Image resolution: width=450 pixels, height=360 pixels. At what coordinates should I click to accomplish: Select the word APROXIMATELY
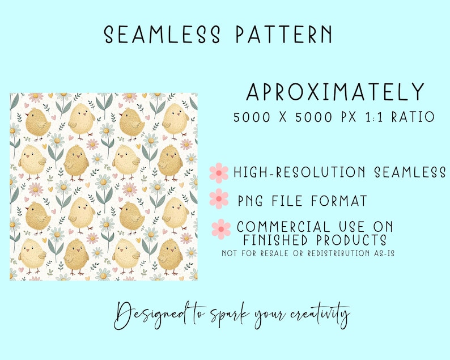336,92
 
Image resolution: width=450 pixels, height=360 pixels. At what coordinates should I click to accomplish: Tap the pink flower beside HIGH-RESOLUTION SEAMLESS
219,172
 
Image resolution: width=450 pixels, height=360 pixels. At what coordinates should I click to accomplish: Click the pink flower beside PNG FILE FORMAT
219,199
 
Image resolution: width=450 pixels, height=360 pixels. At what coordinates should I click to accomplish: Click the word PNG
251,200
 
